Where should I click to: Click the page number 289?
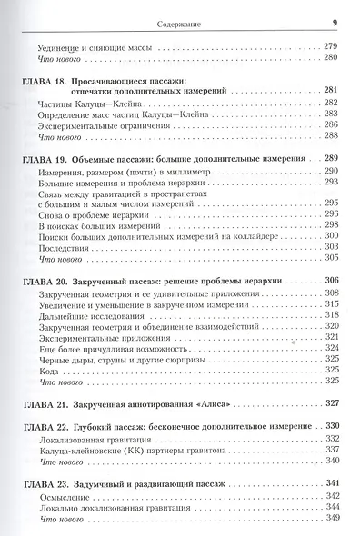click(331, 159)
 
